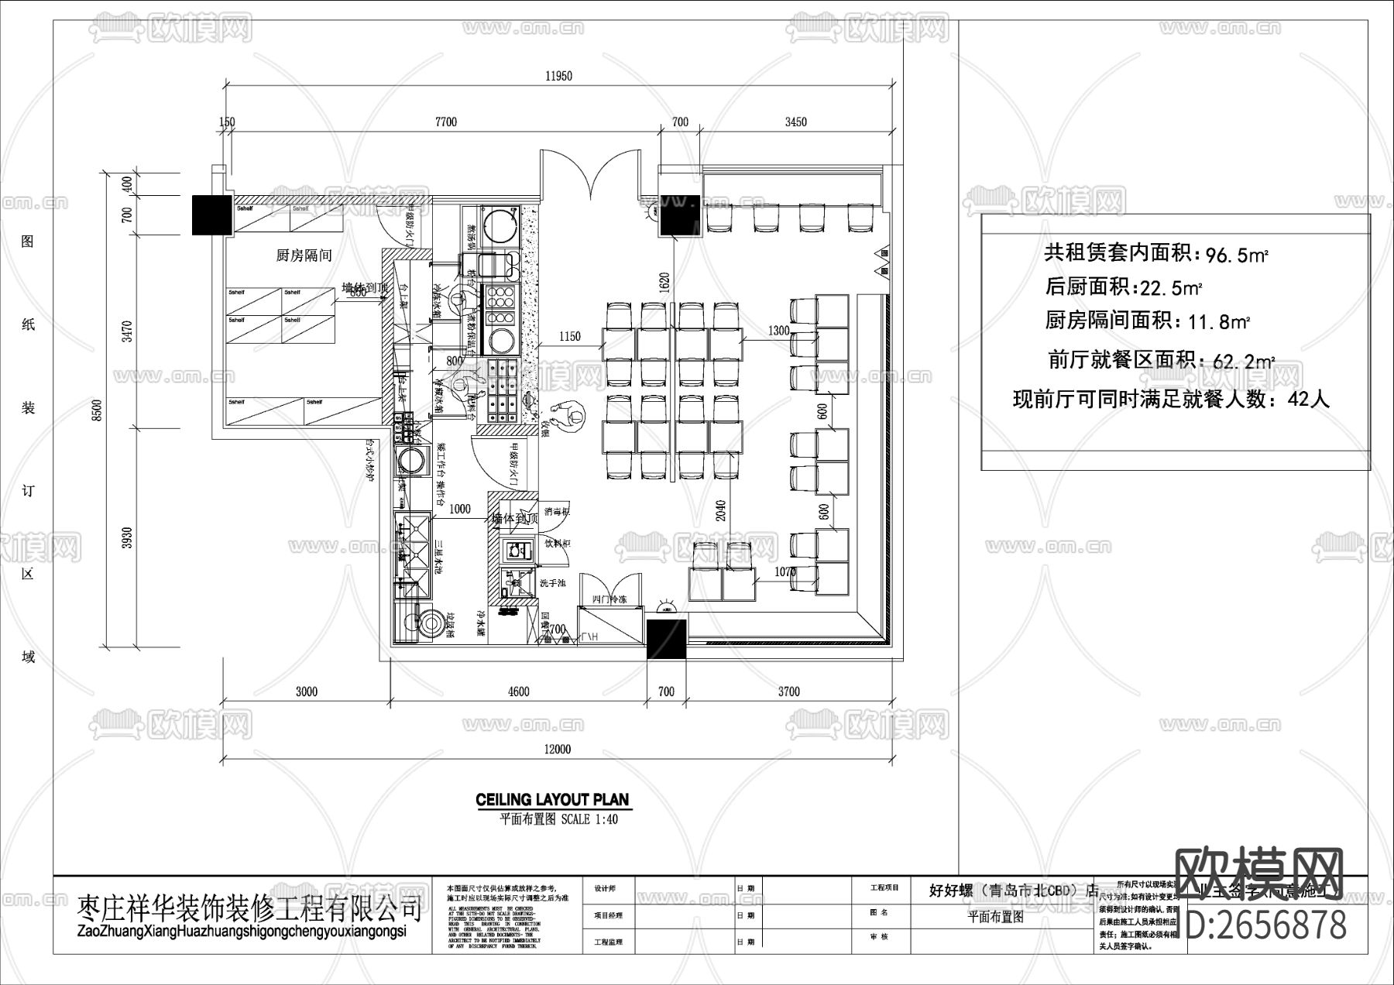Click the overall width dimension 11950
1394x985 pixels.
click(558, 76)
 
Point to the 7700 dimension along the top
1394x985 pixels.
click(446, 122)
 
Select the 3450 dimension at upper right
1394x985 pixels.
click(795, 122)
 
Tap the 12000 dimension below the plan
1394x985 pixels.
click(558, 749)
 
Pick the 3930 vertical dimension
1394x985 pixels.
click(128, 537)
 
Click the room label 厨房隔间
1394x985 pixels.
click(304, 256)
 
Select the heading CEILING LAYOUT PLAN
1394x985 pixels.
click(552, 800)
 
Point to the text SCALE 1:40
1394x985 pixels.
click(589, 819)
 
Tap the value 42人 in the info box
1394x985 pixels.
click(1308, 400)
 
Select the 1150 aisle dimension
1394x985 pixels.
click(569, 336)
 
